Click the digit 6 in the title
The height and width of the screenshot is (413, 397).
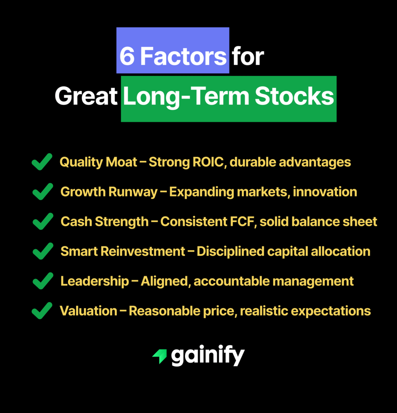tap(127, 56)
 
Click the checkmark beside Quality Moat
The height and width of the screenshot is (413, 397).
tap(42, 162)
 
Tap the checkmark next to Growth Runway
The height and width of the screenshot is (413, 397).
tap(43, 192)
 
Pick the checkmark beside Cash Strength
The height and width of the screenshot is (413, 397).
tap(43, 221)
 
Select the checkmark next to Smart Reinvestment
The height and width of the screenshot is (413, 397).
tap(43, 251)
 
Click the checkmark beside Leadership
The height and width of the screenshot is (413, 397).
tap(43, 281)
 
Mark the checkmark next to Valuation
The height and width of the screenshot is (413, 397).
tap(42, 311)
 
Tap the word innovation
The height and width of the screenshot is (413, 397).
tap(325, 192)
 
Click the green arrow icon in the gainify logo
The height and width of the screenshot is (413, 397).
tap(160, 356)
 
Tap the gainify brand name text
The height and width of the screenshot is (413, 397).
tap(208, 356)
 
